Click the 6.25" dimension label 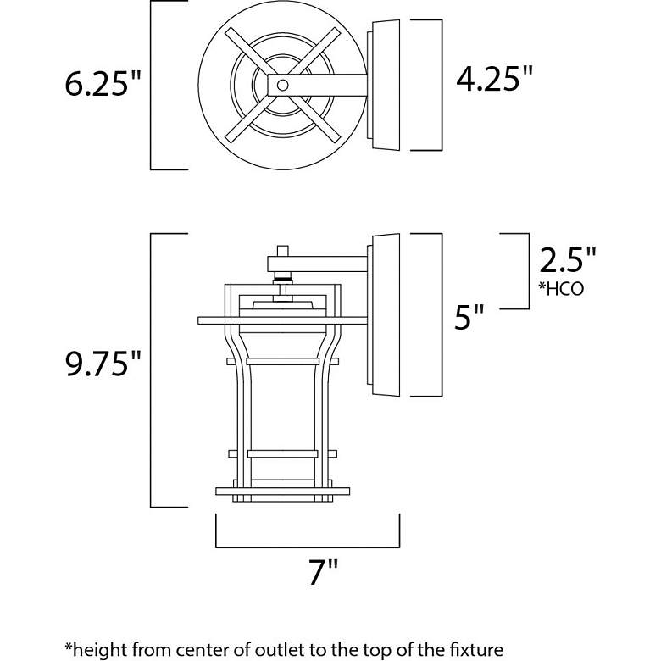point(102,83)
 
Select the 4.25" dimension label point(495,79)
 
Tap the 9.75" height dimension point(103,364)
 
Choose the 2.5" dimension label point(568,259)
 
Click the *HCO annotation point(561,289)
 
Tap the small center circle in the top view point(283,85)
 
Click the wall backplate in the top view point(386,85)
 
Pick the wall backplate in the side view point(386,314)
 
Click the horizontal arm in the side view point(318,264)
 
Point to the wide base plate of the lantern point(282,492)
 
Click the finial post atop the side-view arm point(283,251)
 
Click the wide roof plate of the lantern point(283,320)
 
